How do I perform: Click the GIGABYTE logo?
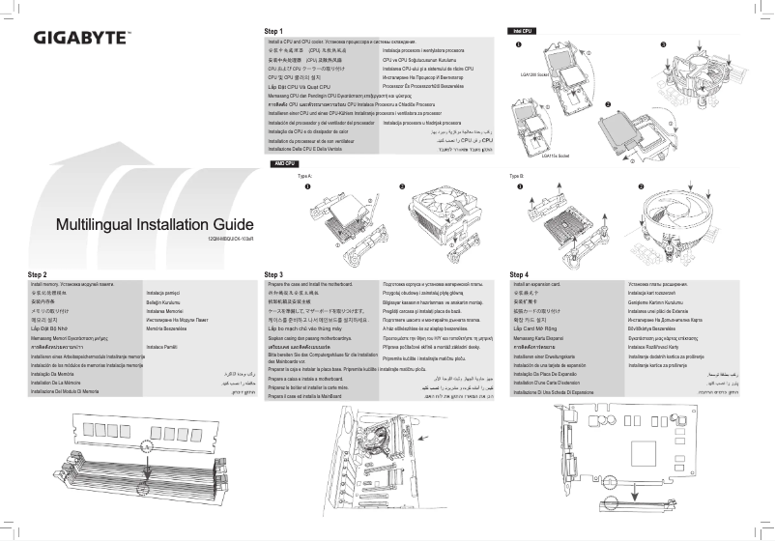click(82, 40)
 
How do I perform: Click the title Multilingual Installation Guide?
click(155, 225)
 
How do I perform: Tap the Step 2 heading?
click(38, 275)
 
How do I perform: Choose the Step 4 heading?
click(519, 275)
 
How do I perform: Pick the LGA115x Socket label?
click(558, 155)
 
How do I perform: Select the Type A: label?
click(304, 177)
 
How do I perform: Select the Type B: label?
click(516, 177)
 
